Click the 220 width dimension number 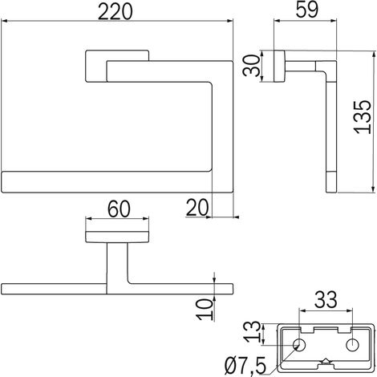115,12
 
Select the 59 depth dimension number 307,10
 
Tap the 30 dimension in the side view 251,65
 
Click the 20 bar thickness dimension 197,208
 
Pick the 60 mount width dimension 119,209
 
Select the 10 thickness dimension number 205,309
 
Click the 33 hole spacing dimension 326,300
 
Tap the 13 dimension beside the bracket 253,332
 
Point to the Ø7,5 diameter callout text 245,366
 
